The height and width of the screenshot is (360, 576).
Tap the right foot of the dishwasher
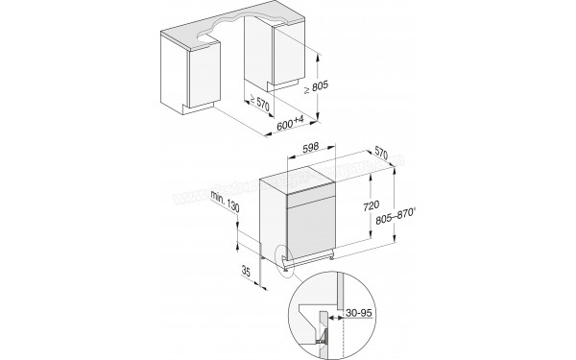(x=329, y=256)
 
